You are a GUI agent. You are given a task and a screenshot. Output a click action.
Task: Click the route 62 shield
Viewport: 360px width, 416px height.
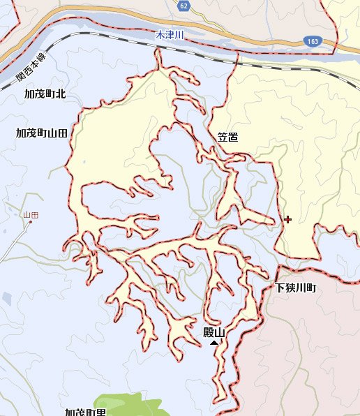click(183, 6)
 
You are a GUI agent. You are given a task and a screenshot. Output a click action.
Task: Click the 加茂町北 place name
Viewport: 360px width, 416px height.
click(45, 94)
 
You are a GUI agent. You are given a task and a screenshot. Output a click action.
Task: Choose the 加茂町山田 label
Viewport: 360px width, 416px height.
click(41, 133)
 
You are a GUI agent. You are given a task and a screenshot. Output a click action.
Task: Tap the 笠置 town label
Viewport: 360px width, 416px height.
click(227, 138)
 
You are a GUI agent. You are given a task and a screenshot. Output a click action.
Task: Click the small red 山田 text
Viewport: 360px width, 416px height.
click(30, 216)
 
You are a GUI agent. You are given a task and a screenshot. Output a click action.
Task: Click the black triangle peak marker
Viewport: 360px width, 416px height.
click(214, 343)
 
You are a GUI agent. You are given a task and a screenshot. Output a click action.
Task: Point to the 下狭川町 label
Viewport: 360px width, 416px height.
click(296, 288)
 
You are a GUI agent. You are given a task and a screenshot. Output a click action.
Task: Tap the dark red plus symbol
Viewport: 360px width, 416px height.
click(287, 219)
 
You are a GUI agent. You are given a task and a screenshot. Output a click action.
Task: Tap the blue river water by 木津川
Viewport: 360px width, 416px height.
click(209, 47)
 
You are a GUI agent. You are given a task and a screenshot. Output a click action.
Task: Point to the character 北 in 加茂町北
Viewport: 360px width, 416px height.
click(60, 94)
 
